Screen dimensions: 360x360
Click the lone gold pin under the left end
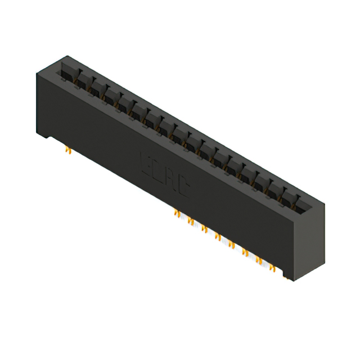point(68,150)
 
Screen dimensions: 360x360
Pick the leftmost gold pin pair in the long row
point(177,213)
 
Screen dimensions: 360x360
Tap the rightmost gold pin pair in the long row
point(273,268)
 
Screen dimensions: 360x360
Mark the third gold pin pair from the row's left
point(204,229)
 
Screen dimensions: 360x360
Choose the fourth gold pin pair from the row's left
point(218,237)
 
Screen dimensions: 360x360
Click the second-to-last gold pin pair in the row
point(259,260)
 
